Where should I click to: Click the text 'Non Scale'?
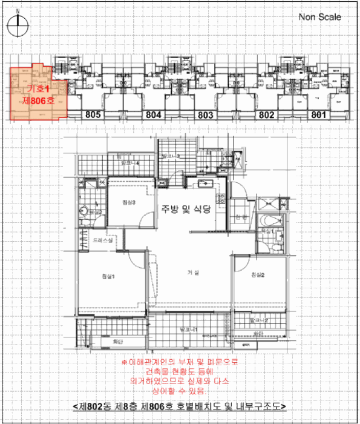320,17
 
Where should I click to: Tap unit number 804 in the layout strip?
154,114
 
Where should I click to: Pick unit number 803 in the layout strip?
206,114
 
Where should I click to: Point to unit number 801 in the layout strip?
319,114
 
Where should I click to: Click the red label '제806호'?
38,101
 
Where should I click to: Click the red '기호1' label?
37,89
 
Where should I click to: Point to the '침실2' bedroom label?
260,276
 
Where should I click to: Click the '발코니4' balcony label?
131,163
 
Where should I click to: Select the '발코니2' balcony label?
258,320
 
